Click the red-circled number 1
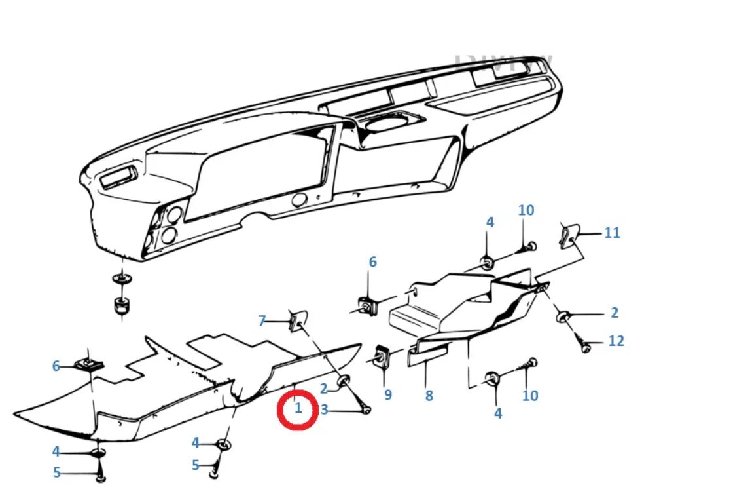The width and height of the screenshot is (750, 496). click(298, 409)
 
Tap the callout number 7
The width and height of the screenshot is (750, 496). click(262, 320)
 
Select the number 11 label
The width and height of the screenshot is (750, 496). click(612, 233)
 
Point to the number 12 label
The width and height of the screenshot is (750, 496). click(616, 341)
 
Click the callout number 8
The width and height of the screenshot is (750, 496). click(429, 396)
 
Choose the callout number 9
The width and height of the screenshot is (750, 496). click(387, 395)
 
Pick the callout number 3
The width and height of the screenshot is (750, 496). click(324, 411)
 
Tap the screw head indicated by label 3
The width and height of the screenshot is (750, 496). click(366, 410)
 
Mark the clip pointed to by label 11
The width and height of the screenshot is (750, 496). click(568, 235)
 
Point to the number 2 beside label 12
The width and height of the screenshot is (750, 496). click(614, 313)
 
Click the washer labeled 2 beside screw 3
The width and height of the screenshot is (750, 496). click(344, 381)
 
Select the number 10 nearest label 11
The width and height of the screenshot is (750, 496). click(526, 210)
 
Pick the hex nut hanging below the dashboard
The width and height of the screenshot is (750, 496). click(120, 305)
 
